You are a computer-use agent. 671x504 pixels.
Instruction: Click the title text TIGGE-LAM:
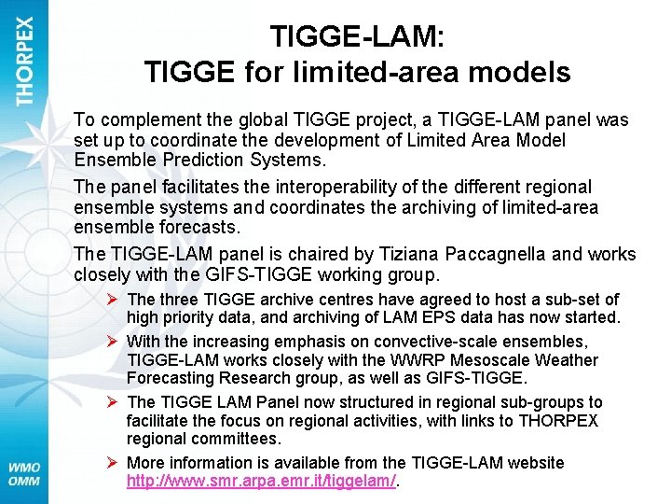pos(357,36)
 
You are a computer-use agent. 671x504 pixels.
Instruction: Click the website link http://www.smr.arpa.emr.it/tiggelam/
pos(262,482)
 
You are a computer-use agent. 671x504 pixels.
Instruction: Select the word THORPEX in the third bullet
pos(559,420)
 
